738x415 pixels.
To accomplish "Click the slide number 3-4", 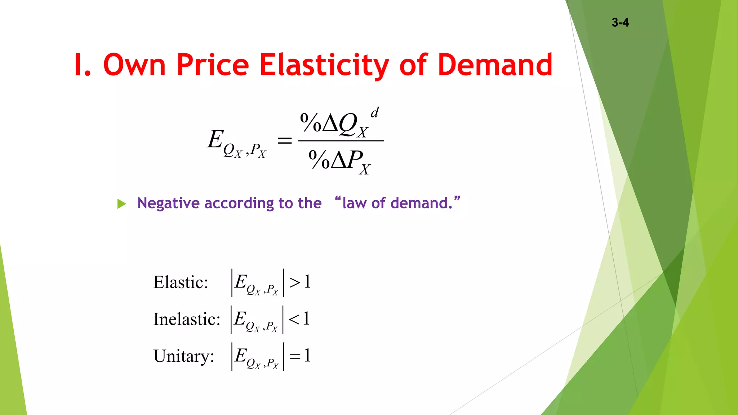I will pos(620,22).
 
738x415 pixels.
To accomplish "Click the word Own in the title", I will pos(134,65).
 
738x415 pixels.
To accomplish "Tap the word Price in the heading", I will pos(213,65).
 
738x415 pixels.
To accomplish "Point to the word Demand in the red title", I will pos(495,65).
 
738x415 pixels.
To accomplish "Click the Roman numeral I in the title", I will pos(77,65).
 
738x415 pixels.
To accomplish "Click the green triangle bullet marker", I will pos(122,204).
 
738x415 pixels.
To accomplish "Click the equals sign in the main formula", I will pos(284,140).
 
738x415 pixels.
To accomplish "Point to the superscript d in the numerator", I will pos(375,112).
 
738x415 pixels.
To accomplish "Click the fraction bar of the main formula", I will pos(341,141).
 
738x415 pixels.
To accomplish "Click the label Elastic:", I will pos(181,282).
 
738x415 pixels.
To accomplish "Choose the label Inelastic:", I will pos(187,319).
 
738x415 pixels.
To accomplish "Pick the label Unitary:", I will pos(184,356).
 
